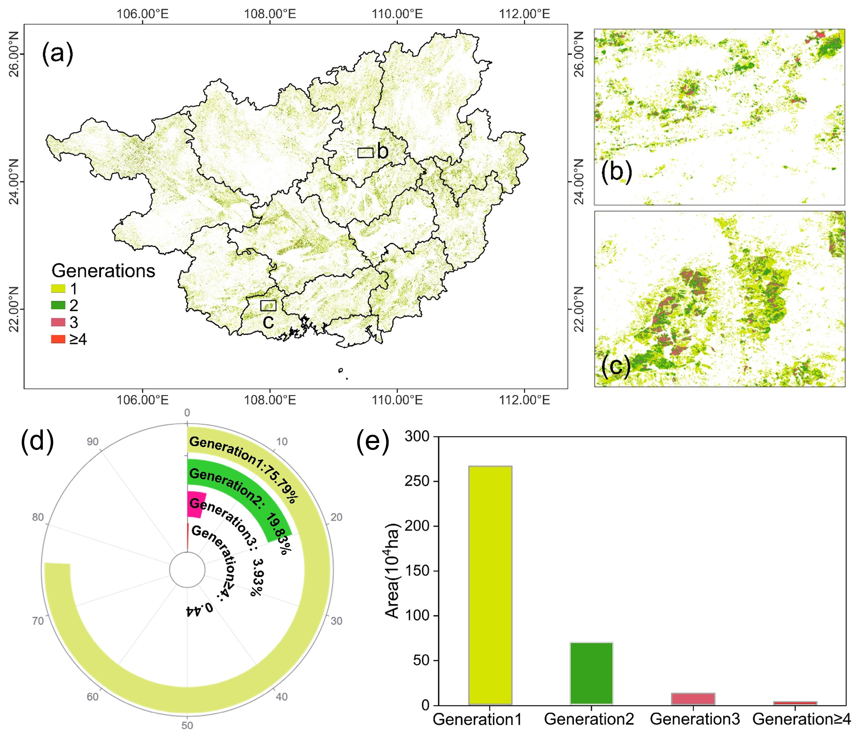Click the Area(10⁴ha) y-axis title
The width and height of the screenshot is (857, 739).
point(392,571)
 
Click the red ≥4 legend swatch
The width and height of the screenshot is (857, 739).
point(58,339)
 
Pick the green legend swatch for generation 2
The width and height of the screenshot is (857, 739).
point(58,305)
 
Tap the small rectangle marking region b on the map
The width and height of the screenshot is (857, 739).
point(365,152)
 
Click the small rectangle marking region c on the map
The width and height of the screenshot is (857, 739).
point(268,306)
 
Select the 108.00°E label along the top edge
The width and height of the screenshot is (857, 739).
point(270,14)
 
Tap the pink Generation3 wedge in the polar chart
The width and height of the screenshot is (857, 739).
point(195,504)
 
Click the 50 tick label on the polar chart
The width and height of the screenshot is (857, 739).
point(187,725)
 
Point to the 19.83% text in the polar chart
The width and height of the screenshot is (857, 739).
point(278,534)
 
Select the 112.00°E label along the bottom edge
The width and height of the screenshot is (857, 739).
point(524,400)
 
